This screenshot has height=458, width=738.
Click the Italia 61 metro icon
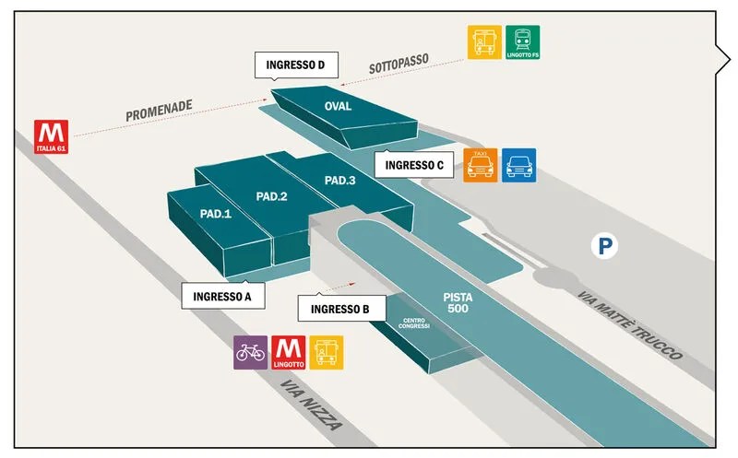click(x=52, y=136)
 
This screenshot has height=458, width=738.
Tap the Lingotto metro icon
click(x=289, y=353)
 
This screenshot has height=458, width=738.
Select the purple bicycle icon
click(x=250, y=353)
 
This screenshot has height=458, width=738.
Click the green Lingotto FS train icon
click(x=523, y=42)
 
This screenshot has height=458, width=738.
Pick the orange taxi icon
click(x=481, y=166)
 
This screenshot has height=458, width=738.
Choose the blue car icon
click(x=519, y=166)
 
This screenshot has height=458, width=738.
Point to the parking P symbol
click(x=605, y=246)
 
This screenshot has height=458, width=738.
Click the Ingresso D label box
click(x=296, y=65)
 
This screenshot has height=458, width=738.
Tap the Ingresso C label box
click(x=414, y=165)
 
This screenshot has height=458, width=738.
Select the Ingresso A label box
click(x=223, y=296)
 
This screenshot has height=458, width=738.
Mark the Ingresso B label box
click(x=341, y=309)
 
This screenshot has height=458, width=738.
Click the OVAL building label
click(x=338, y=106)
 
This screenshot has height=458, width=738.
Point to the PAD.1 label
click(x=216, y=214)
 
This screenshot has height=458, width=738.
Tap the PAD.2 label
click(x=271, y=196)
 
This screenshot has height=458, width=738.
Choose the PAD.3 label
click(x=339, y=181)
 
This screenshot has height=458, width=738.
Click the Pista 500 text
click(x=458, y=303)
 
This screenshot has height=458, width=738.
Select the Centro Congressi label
click(x=413, y=323)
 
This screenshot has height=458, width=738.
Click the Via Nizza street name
click(x=311, y=405)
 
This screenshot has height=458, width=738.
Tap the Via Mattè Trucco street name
click(x=630, y=325)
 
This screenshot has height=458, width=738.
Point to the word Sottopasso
click(x=399, y=64)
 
